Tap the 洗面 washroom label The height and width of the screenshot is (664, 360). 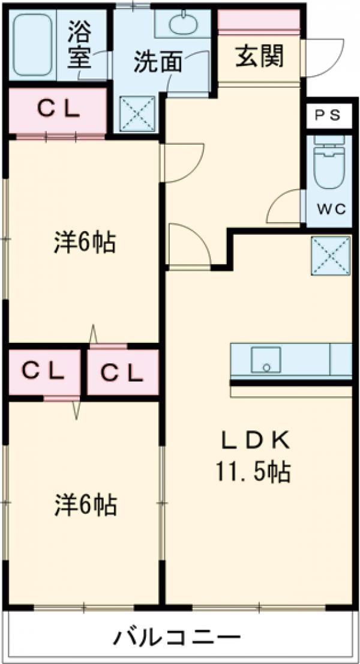[157, 62]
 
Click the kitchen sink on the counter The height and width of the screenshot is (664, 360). [268, 360]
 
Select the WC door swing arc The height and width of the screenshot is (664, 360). [285, 207]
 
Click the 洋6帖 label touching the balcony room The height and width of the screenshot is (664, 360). [85, 506]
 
